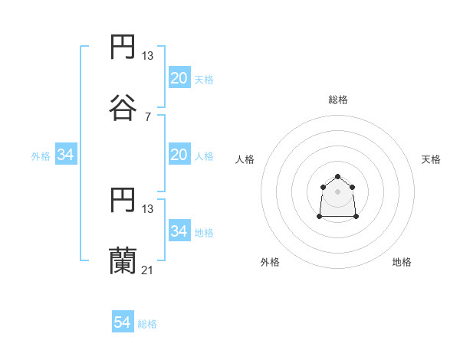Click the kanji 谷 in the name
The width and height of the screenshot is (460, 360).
[x=123, y=107]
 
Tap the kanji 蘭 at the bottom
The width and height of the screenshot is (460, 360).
[x=123, y=260]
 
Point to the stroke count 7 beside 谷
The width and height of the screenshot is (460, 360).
[x=147, y=116]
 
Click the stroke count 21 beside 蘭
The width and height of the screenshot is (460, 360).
[x=147, y=270]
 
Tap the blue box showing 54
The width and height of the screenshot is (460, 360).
[x=123, y=322]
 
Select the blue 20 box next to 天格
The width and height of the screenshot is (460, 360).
[x=179, y=78]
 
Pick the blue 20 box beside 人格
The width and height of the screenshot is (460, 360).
[x=179, y=155]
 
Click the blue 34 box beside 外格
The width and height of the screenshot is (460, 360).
[x=66, y=155]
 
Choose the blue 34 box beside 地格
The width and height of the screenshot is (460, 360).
[x=179, y=231]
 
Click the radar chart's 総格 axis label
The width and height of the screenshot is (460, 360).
[x=337, y=100]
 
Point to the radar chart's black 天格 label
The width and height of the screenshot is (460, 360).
[x=431, y=159]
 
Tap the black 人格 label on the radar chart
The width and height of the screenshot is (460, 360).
[x=245, y=159]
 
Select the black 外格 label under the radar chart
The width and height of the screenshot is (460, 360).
[x=270, y=262]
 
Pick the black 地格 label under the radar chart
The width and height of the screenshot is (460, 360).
[x=402, y=262]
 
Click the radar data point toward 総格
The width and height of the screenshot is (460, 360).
[x=337, y=177]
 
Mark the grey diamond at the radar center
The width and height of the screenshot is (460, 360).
[x=337, y=191]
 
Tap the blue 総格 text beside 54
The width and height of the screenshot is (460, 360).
[x=147, y=324]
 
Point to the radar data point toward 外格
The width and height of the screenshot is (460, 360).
[x=320, y=217]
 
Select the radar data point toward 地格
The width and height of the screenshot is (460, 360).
[x=356, y=217]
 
